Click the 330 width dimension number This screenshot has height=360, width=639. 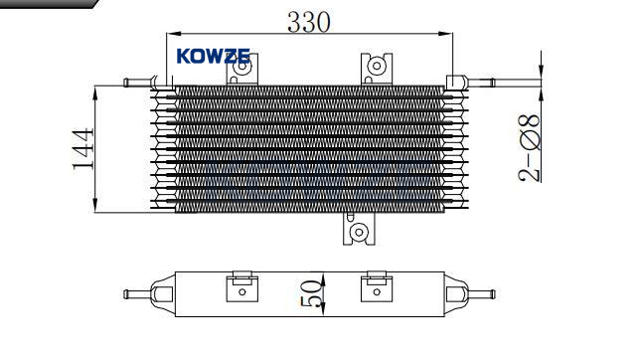[309, 22]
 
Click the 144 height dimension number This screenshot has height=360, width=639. [83, 149]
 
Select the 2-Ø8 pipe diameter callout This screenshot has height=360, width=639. [530, 147]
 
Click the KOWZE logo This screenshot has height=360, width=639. [214, 56]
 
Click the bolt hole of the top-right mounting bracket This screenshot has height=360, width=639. [377, 66]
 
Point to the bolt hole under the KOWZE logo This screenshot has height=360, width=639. [242, 66]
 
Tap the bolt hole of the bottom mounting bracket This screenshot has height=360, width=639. [359, 232]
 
